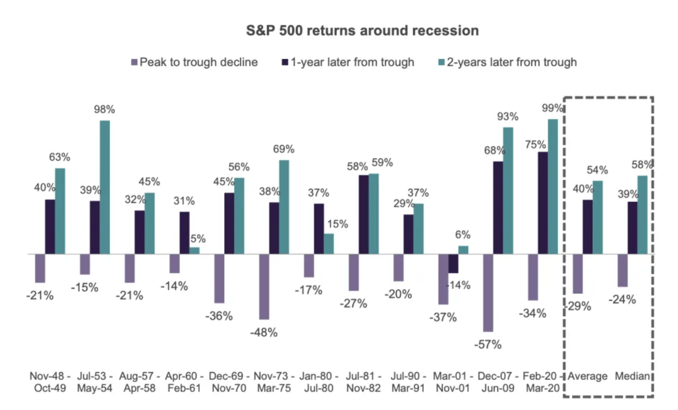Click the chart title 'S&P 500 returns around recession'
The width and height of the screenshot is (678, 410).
(x=362, y=30)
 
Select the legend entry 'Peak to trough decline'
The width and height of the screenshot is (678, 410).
(x=198, y=62)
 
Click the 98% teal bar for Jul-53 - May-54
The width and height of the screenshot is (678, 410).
(x=105, y=187)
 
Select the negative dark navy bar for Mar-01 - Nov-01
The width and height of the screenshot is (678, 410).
(x=453, y=263)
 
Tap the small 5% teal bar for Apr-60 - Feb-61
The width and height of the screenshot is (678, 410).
(x=194, y=251)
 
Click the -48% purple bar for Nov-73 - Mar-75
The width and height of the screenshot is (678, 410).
(x=264, y=287)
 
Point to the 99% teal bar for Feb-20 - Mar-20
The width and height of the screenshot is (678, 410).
(x=553, y=187)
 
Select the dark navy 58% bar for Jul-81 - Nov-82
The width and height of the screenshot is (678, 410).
(x=363, y=214)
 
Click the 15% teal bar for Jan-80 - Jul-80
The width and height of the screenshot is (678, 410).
(x=329, y=244)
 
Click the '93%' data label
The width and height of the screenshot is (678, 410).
(x=508, y=117)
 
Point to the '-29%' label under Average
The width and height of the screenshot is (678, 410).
(x=578, y=307)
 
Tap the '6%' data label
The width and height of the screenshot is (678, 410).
(x=462, y=235)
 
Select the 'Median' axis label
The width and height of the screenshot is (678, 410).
(x=633, y=376)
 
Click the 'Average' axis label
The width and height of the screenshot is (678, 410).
(x=587, y=376)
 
